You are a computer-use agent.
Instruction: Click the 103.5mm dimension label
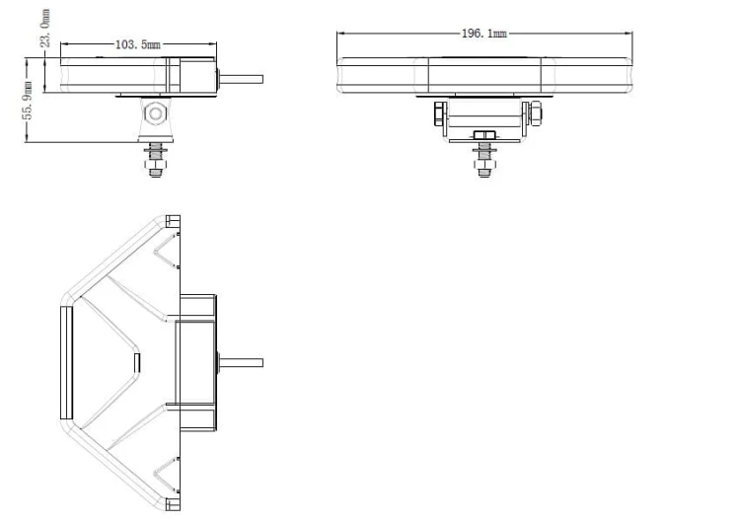138,44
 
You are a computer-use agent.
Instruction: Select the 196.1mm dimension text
484,33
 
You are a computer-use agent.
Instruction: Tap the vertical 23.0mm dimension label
45,28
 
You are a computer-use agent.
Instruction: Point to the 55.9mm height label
28,100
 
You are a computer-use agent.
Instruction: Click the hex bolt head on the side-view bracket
155,113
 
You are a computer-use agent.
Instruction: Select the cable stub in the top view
241,362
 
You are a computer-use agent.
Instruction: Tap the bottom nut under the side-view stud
155,165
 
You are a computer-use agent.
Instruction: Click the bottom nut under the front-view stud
483,165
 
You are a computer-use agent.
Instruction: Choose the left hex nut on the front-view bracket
439,113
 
